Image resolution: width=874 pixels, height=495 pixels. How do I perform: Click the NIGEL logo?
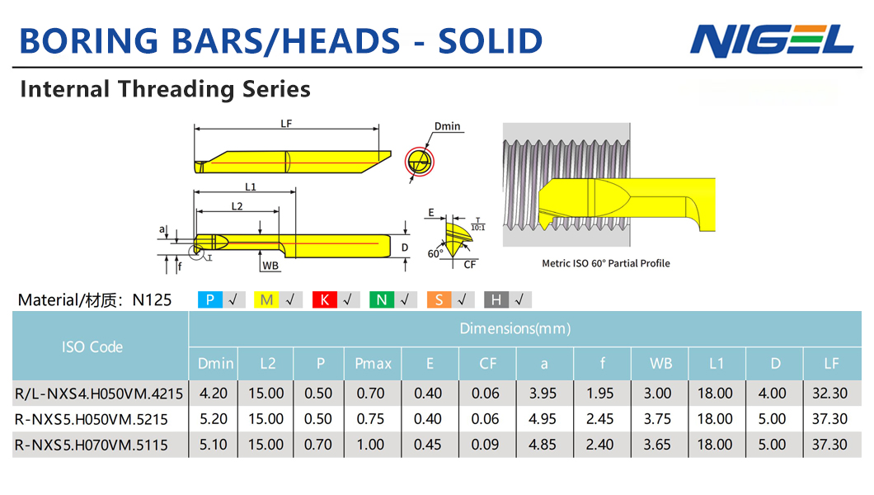click(x=772, y=40)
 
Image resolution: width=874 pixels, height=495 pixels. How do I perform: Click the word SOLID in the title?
click(x=490, y=40)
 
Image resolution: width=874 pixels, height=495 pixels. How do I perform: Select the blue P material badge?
click(x=209, y=300)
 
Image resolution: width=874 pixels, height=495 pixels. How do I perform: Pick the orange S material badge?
click(x=439, y=300)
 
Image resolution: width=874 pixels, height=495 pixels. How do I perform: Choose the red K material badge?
click(x=324, y=300)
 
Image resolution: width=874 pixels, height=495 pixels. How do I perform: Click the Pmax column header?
click(x=373, y=364)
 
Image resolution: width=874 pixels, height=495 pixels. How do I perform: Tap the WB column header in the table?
click(x=660, y=364)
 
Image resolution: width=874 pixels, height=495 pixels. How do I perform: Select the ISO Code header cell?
click(x=92, y=346)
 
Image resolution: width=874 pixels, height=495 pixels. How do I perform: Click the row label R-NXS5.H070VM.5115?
click(x=92, y=445)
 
